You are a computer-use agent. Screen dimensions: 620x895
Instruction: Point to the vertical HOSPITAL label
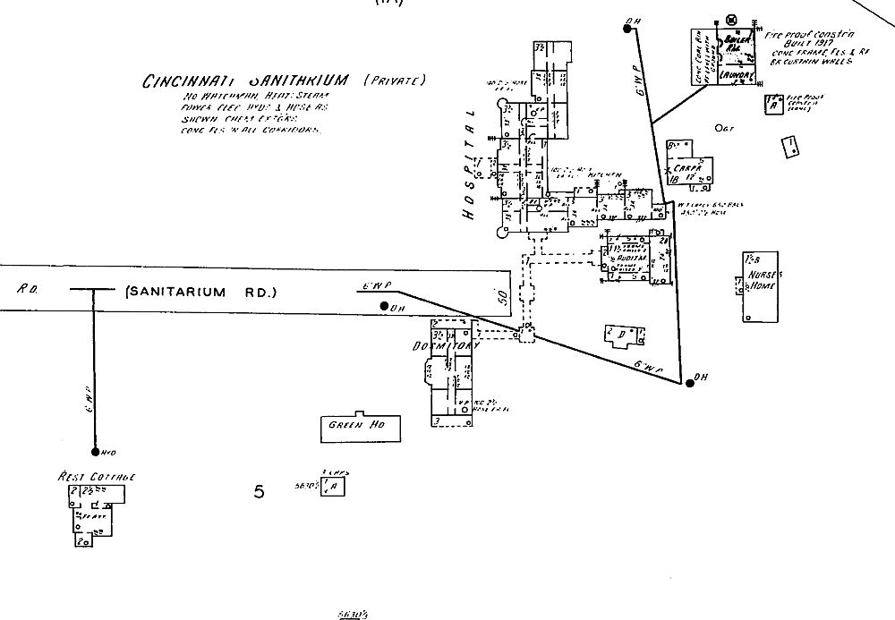467,166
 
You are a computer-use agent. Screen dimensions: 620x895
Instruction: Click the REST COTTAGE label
96,478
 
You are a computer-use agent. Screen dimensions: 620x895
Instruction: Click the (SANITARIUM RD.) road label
203,292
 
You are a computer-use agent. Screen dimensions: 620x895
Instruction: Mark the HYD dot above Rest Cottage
94,452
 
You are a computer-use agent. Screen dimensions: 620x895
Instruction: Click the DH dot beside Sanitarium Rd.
384,307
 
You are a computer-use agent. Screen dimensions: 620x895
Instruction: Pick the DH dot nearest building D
689,383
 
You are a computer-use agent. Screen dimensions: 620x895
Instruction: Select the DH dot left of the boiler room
627,29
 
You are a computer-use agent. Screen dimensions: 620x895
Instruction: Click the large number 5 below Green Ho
260,491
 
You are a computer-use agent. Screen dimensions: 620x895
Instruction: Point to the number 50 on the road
502,297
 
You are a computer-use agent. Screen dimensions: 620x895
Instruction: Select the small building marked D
624,335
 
